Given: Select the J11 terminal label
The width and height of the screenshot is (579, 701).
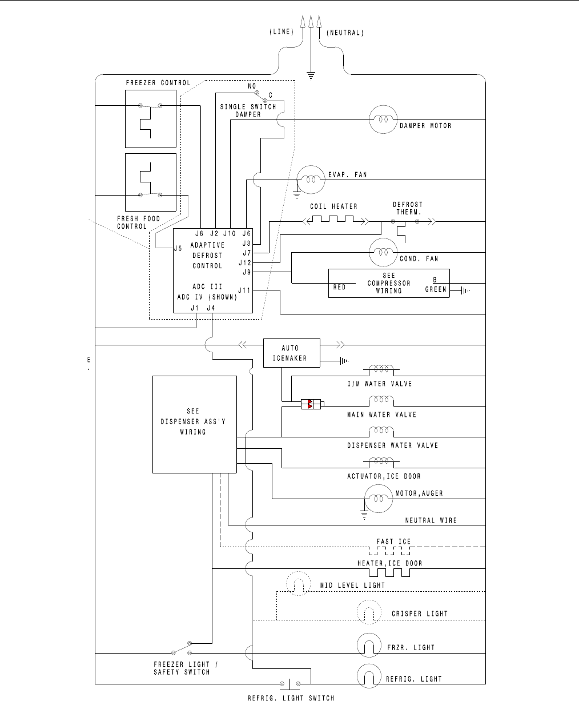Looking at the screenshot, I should (x=245, y=290).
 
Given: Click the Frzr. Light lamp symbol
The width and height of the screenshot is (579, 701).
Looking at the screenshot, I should (x=369, y=646).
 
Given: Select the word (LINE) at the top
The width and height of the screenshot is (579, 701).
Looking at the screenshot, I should (x=281, y=33).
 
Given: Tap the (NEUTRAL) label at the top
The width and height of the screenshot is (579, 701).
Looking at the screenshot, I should (x=345, y=33).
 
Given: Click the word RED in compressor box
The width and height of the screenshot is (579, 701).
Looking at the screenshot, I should (x=340, y=288).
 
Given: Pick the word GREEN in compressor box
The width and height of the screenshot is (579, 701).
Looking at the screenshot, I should (x=436, y=290).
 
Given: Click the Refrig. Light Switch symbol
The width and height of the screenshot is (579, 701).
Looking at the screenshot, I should (x=291, y=683).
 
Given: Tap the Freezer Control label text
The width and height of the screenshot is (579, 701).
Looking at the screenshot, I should (x=158, y=83).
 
